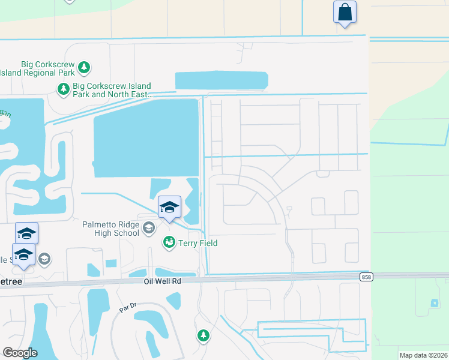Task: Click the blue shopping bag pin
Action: (345, 12)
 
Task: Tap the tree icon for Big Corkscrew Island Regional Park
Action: (85, 67)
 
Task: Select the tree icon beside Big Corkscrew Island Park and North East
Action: (63, 89)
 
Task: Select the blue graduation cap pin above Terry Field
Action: (169, 208)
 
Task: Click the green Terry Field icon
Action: (169, 242)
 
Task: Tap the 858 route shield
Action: (366, 277)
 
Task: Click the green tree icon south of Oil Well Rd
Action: (203, 335)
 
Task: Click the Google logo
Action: (20, 353)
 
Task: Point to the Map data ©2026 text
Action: (423, 355)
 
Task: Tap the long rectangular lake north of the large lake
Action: (221, 81)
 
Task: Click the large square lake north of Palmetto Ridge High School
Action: (146, 138)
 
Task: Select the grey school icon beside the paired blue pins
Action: (44, 259)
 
